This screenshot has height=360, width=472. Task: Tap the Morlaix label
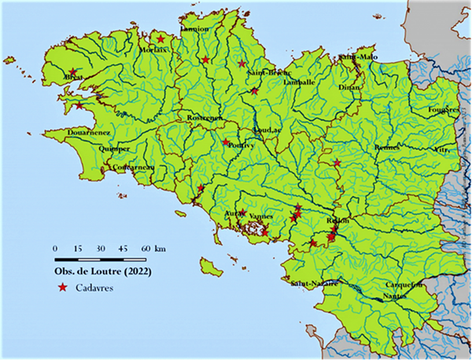[x=177, y=50]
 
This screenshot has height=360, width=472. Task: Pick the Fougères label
[x=443, y=109]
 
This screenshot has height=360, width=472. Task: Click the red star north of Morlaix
[x=160, y=38]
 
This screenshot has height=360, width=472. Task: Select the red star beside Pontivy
[x=226, y=142]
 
